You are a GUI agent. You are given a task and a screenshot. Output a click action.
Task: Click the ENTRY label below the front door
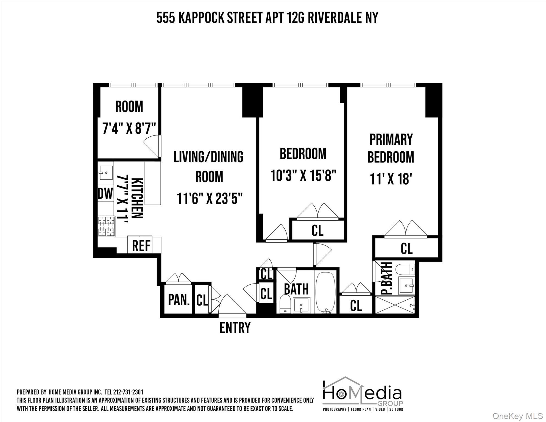(235, 327)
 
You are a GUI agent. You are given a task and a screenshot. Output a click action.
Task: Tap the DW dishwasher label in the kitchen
(105, 193)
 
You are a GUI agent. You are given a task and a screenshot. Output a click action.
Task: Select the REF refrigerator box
(141, 245)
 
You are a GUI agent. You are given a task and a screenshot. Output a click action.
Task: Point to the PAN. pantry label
(179, 300)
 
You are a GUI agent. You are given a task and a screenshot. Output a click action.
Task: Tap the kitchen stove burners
(106, 226)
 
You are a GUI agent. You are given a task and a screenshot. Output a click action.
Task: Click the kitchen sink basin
(106, 173)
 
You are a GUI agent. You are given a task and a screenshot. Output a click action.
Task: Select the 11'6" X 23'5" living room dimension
(209, 198)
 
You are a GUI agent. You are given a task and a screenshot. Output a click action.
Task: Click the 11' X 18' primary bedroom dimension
(391, 179)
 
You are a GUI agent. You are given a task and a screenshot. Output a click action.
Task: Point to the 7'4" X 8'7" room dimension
(129, 128)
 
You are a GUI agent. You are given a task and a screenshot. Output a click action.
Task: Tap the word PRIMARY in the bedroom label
(391, 139)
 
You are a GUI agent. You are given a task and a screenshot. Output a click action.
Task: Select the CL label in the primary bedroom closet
(406, 248)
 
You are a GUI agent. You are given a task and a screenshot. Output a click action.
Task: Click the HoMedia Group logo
(363, 394)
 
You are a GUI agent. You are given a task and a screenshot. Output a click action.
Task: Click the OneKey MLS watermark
(517, 416)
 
